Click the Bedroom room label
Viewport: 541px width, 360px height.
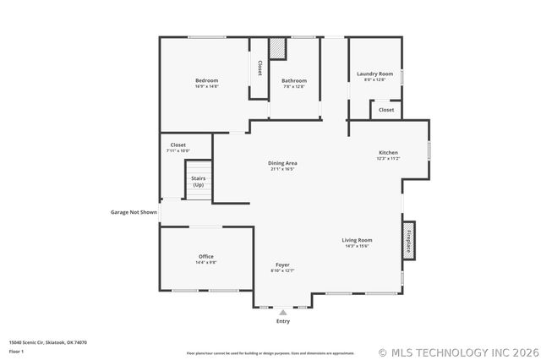pos(206,80)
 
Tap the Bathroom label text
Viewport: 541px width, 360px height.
pos(293,80)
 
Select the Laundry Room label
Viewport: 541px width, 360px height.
pos(374,74)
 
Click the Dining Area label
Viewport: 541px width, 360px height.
pos(282,163)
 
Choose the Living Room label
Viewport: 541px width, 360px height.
pos(358,240)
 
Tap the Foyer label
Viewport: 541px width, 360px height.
pos(282,265)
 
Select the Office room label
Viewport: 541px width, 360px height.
pos(206,256)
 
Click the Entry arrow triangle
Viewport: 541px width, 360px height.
pos(282,312)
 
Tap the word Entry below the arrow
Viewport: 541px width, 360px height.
pos(282,321)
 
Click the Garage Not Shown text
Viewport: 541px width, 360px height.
pos(134,212)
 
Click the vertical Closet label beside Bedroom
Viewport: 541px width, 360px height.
pos(260,68)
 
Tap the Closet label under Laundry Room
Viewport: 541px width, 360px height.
pos(385,110)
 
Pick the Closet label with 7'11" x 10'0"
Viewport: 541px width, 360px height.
pos(178,145)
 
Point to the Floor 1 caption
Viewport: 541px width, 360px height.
pos(16,351)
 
